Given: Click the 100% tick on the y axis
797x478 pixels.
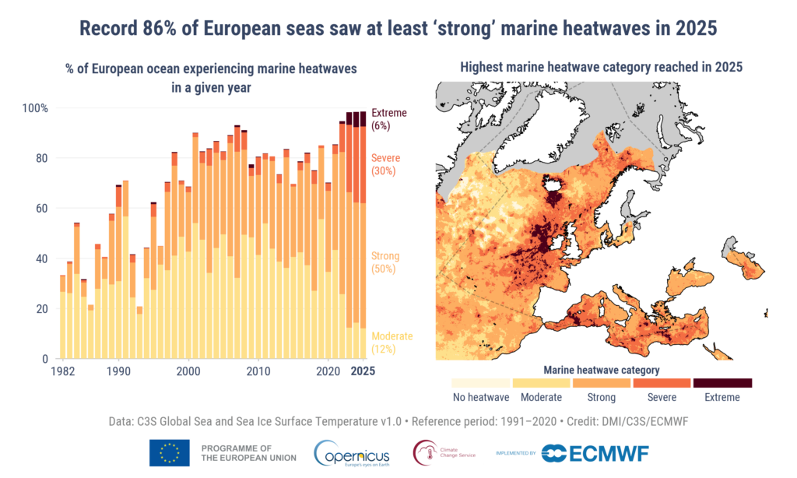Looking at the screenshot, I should [34, 107].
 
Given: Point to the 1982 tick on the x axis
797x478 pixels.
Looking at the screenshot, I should [63, 371].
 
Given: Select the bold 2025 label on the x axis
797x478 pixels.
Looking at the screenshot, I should [362, 371].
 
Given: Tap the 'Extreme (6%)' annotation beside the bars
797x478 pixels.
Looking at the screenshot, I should [389, 119].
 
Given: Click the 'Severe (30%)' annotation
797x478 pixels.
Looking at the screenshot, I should [386, 164].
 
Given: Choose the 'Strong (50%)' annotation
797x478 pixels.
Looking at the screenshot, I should [385, 262].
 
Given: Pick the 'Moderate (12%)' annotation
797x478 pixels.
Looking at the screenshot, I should [392, 343].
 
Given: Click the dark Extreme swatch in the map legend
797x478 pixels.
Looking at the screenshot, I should [722, 383].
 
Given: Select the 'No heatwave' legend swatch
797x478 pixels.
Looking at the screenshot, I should [481, 383].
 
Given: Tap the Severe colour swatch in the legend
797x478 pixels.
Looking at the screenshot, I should [662, 383].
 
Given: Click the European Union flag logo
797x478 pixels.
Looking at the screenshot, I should [170, 452].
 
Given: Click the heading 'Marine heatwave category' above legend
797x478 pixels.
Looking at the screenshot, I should [601, 370].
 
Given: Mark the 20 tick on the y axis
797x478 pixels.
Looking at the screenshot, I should [42, 309].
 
